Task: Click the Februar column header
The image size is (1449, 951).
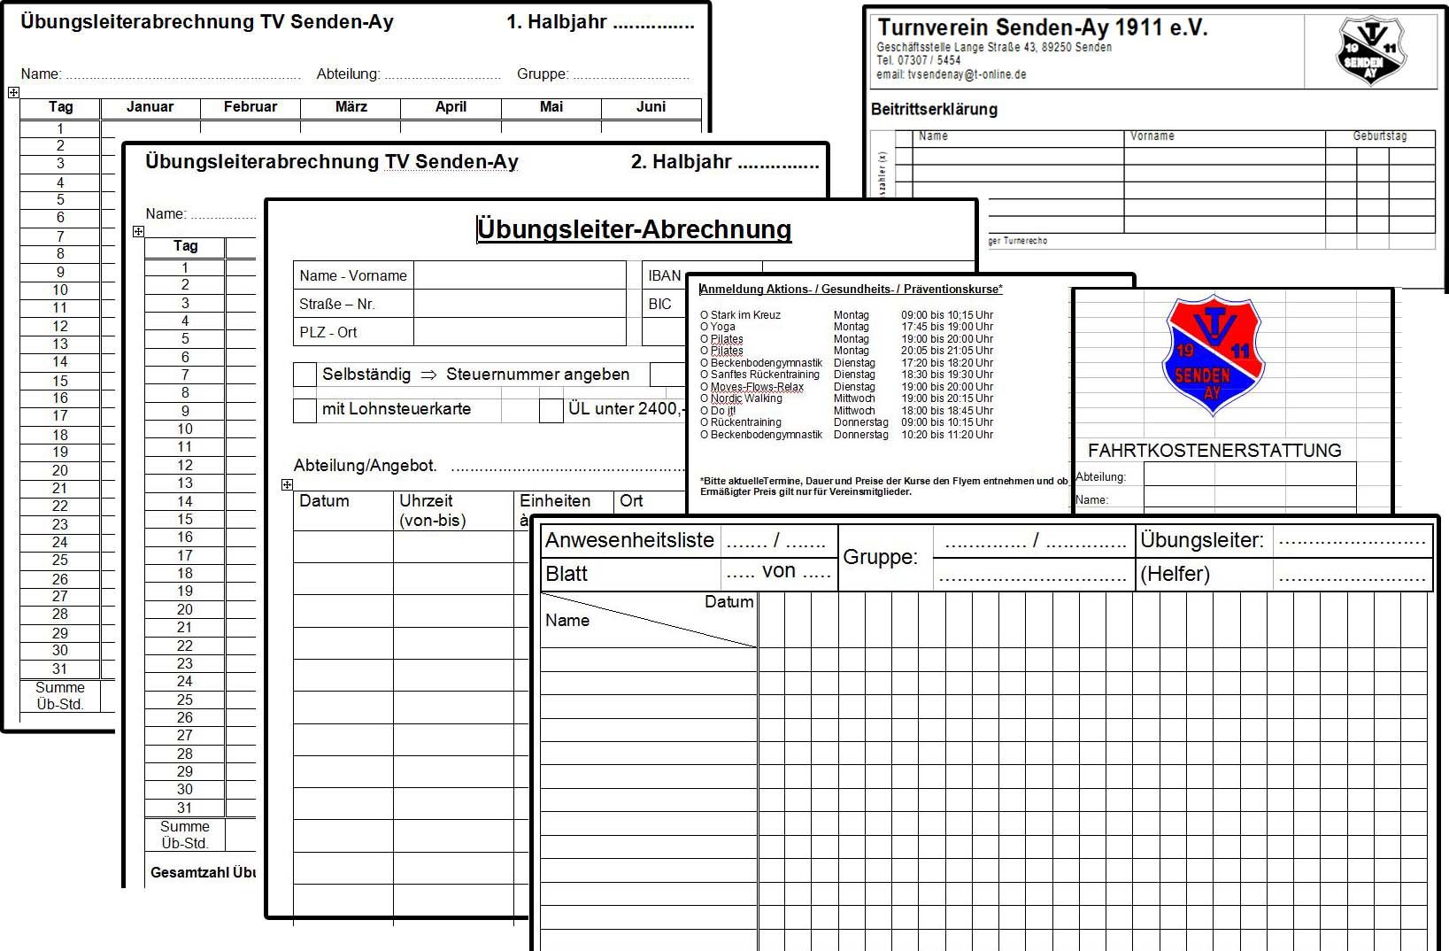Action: click(x=250, y=107)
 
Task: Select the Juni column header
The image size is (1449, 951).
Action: click(x=651, y=107)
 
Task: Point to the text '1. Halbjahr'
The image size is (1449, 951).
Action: click(x=557, y=22)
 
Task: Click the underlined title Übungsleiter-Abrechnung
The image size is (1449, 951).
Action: click(x=634, y=229)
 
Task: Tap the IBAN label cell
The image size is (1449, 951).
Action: click(x=664, y=275)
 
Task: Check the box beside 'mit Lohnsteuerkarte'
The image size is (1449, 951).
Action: click(x=304, y=409)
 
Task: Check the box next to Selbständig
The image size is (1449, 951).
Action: click(x=304, y=375)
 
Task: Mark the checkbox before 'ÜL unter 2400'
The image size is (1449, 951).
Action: click(x=551, y=409)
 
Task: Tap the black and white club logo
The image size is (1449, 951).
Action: click(x=1370, y=51)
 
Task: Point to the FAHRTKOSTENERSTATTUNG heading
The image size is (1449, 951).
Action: click(x=1214, y=450)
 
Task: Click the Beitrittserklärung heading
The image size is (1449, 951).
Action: click(x=934, y=109)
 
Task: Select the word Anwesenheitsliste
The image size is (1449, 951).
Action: click(x=629, y=540)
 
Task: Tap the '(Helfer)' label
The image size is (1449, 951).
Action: click(x=1175, y=574)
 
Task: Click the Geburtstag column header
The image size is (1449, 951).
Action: click(x=1379, y=136)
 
